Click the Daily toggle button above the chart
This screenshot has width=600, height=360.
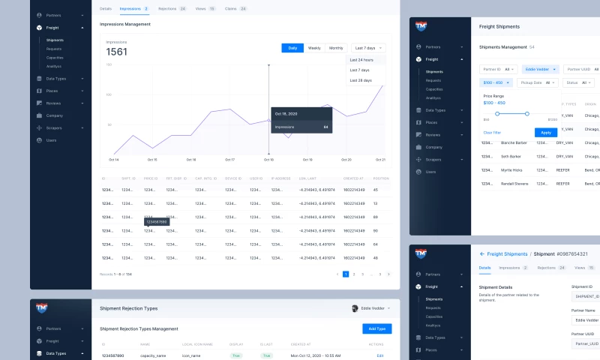point(292,48)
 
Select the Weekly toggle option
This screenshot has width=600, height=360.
point(314,48)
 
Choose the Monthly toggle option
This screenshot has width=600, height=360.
point(336,48)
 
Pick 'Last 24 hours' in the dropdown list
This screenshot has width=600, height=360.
point(361,60)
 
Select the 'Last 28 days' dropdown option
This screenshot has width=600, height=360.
point(361,79)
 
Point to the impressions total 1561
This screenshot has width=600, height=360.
point(117,52)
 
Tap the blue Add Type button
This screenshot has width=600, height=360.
point(376,328)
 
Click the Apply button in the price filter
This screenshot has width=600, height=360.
point(546,132)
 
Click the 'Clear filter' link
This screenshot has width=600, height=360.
point(492,132)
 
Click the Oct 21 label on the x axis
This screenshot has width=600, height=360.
point(380,160)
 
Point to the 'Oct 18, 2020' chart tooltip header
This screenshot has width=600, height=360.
point(286,114)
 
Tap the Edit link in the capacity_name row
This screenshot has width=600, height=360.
point(379,355)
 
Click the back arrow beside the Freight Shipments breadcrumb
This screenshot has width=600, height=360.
point(482,254)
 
